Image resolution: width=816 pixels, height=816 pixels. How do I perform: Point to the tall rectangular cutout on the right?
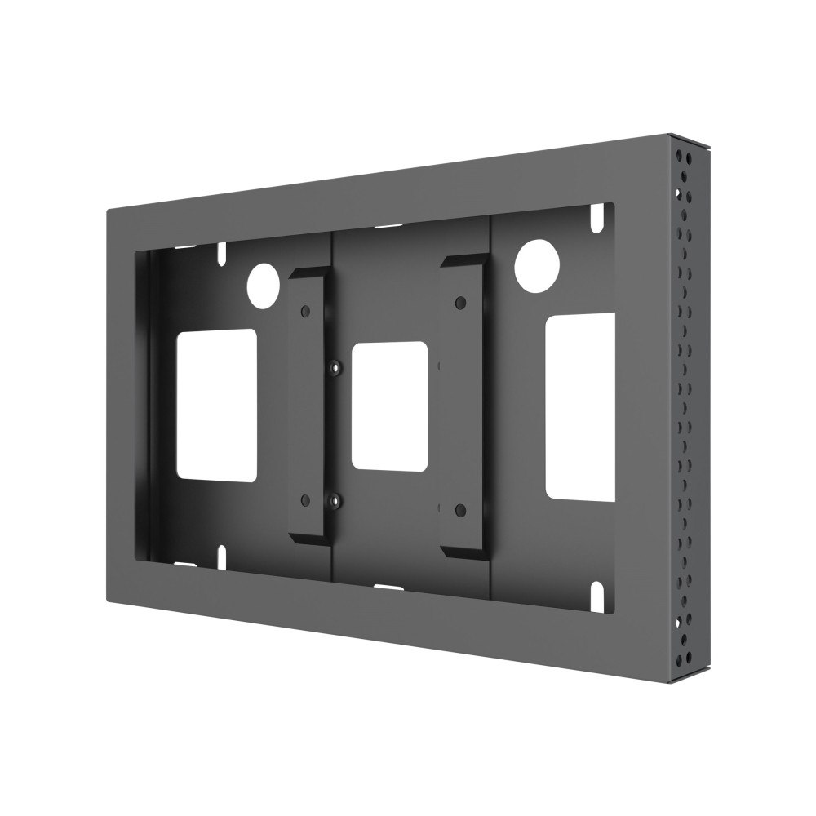[579, 406]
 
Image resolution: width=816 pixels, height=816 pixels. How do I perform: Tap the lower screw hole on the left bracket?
[304, 499]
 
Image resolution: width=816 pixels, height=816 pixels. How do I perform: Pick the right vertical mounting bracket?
[463, 408]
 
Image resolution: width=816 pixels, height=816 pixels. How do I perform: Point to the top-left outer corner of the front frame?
[107, 211]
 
